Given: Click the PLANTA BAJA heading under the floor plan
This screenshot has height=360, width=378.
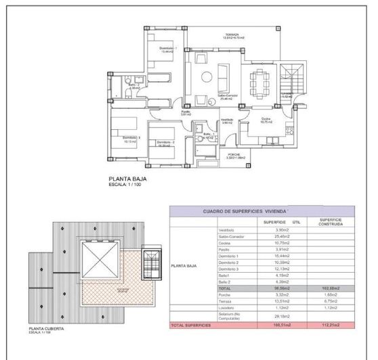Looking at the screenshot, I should (127, 179).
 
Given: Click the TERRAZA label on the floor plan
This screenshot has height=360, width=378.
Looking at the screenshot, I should (234, 35).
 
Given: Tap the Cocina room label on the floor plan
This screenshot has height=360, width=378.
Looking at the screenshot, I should (266, 120).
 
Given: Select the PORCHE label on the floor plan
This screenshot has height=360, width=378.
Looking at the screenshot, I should (233, 154).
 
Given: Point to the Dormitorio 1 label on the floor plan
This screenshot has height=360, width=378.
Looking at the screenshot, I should (168, 49).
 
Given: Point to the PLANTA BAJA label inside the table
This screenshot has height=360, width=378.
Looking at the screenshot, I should (184, 267).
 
